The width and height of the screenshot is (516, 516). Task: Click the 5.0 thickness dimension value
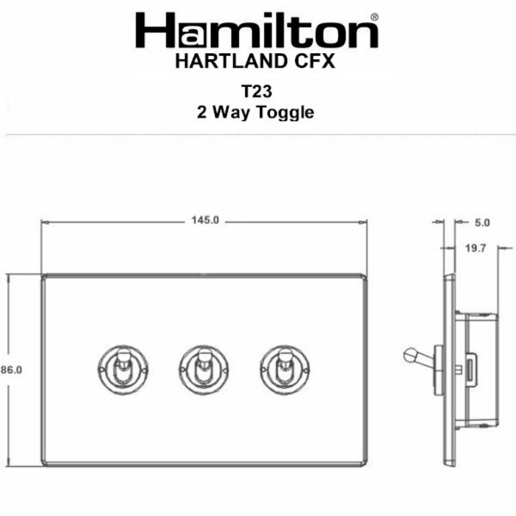click(482, 222)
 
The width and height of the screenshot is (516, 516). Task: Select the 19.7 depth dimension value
click(475, 249)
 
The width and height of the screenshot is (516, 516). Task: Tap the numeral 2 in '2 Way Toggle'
click(202, 112)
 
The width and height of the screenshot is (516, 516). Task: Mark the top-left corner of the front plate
click(44, 276)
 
